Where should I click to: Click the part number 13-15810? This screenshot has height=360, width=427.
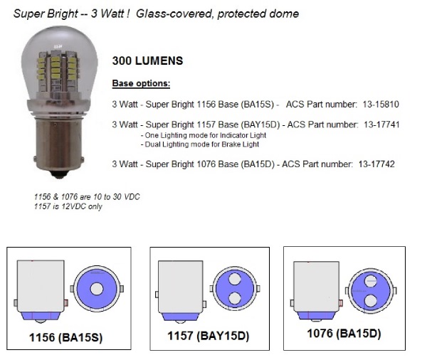pos(381,105)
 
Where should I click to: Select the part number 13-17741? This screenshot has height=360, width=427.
pos(381,125)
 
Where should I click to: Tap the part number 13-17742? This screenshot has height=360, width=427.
pos(376,164)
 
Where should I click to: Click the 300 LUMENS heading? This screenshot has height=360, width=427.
pos(147,60)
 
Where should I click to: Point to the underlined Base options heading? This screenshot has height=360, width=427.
pos(141,83)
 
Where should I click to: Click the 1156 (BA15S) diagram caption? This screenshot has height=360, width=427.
pos(66,337)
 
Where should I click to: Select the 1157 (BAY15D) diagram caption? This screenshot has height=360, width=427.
pos(209,336)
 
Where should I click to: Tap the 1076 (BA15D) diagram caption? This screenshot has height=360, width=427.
pos(344,334)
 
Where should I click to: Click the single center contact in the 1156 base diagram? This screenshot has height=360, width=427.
pos(96,289)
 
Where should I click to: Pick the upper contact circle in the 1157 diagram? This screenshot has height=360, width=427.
pos(234,279)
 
